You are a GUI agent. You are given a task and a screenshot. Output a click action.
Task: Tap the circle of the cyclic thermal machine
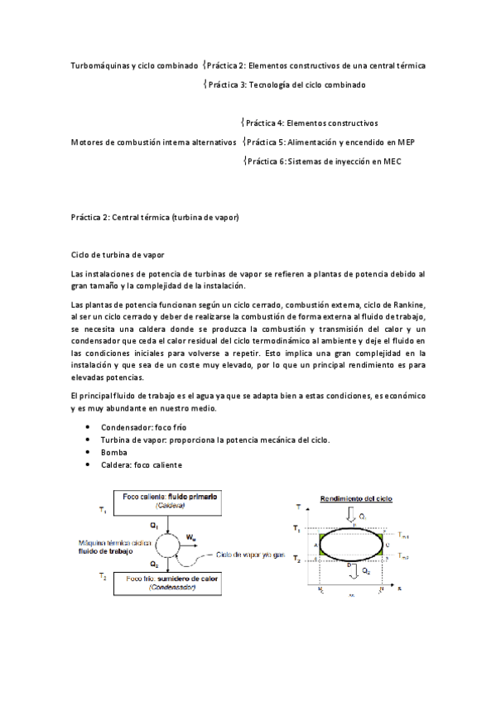[x=167, y=541]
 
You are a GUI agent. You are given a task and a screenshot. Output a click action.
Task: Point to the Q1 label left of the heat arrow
[x=153, y=525]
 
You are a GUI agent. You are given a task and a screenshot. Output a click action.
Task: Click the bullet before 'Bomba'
[x=89, y=453]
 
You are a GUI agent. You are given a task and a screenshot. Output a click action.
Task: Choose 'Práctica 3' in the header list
[x=227, y=84]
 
